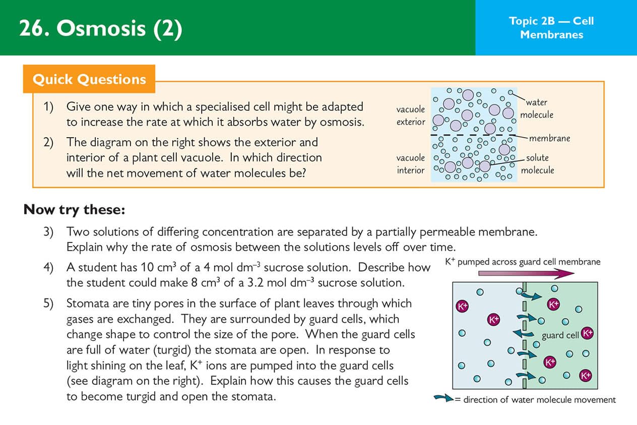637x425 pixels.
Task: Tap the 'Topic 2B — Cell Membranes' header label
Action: (x=551, y=28)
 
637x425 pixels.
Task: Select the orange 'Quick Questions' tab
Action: (x=89, y=79)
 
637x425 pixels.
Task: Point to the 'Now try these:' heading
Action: (x=74, y=209)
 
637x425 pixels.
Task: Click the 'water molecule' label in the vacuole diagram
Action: (x=536, y=108)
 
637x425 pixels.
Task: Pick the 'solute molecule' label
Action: (x=537, y=164)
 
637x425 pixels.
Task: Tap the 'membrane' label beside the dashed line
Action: (x=550, y=138)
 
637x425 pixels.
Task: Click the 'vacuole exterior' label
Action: (x=410, y=115)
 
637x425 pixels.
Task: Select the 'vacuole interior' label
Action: (x=410, y=164)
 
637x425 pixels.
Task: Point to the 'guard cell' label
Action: (x=560, y=335)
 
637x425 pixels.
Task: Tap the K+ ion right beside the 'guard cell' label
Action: (x=587, y=333)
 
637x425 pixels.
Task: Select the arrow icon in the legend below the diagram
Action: (x=444, y=399)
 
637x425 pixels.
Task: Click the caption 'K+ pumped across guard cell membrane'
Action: (x=523, y=262)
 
